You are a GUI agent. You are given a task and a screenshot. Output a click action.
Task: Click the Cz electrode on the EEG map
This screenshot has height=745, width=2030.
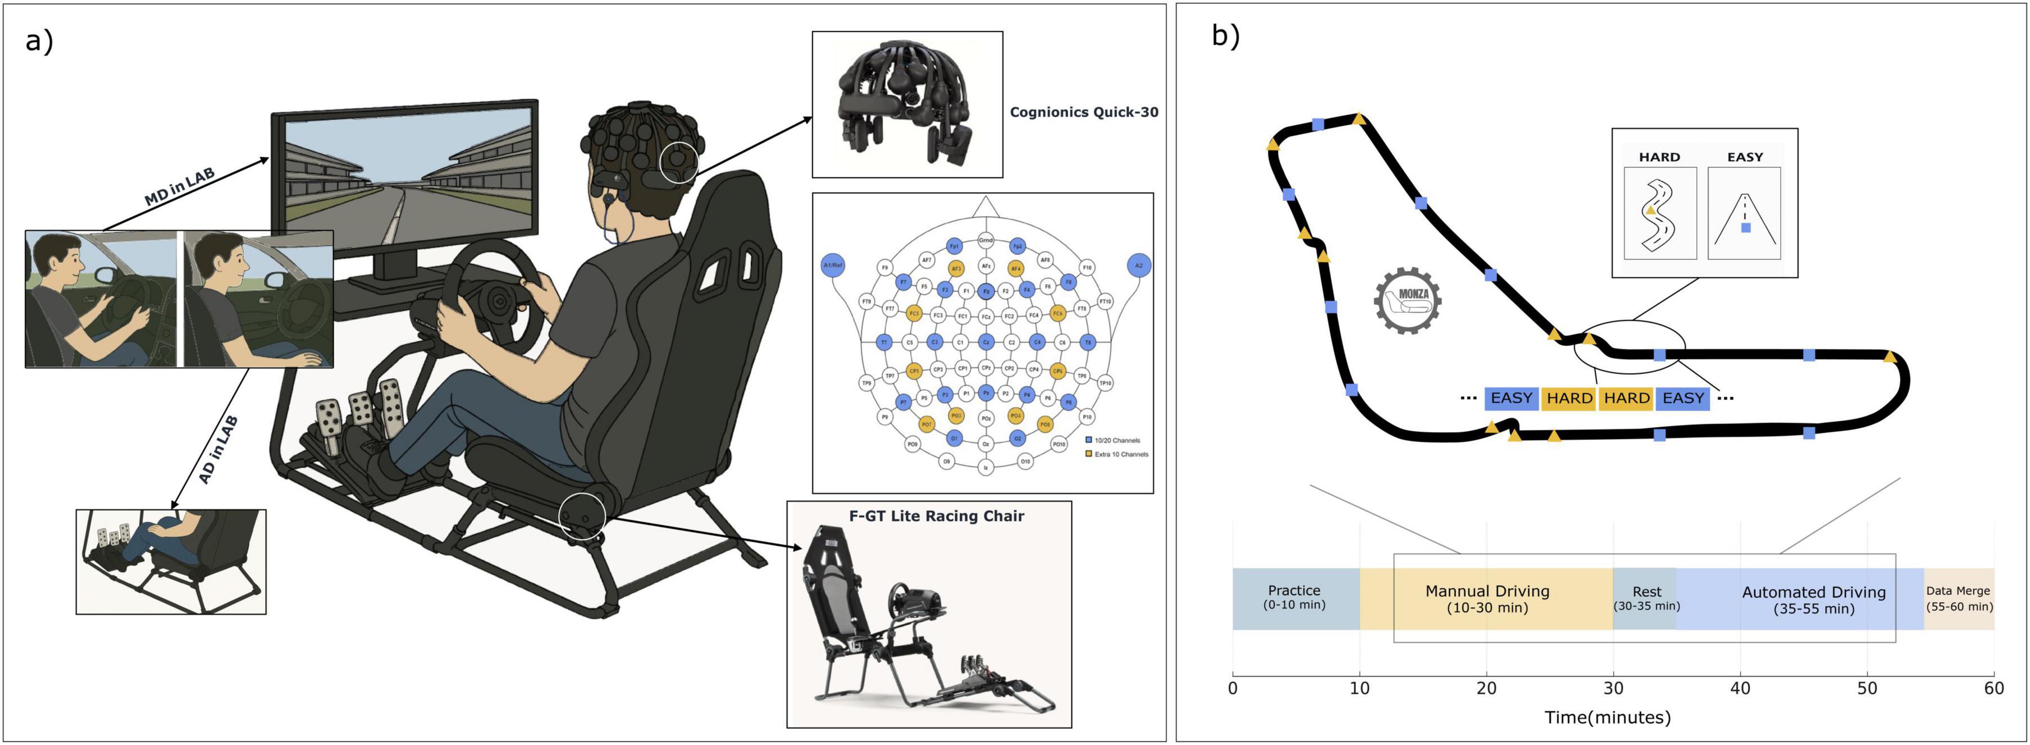point(985,343)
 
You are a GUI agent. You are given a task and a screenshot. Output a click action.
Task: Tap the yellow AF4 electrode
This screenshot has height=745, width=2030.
point(1016,268)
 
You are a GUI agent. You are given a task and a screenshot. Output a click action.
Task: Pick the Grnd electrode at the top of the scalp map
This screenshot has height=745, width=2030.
point(985,239)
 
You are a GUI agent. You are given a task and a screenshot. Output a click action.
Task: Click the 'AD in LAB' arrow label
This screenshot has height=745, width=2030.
point(217,450)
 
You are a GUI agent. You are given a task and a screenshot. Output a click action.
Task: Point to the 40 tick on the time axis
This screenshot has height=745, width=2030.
point(1740,688)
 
